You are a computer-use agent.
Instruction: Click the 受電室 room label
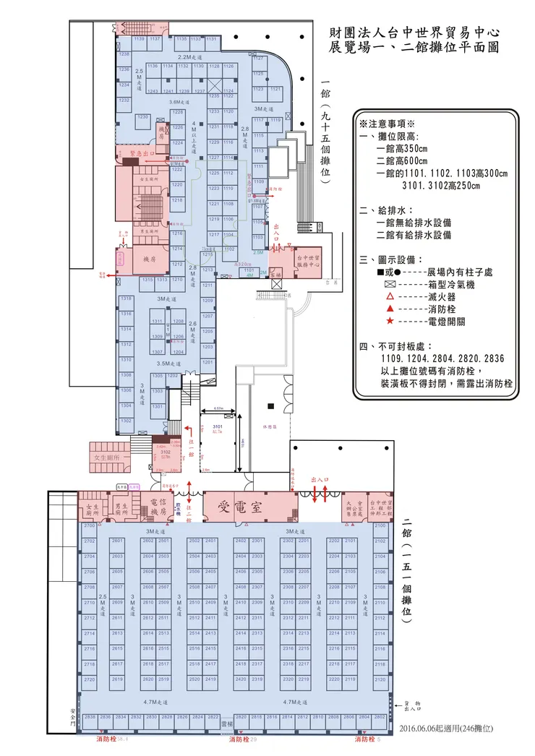tap(249, 506)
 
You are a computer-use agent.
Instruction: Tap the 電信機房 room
tap(158, 507)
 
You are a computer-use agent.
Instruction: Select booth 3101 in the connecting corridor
tap(218, 429)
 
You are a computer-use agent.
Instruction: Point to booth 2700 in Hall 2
tap(89, 525)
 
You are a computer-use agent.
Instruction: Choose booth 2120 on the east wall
tap(380, 679)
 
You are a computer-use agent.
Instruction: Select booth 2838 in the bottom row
tap(90, 717)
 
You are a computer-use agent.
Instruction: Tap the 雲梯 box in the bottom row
tap(226, 723)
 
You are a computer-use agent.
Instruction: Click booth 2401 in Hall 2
tap(210, 541)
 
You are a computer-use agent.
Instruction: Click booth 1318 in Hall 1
tap(126, 298)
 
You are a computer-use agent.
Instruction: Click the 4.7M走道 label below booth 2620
tap(155, 702)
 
